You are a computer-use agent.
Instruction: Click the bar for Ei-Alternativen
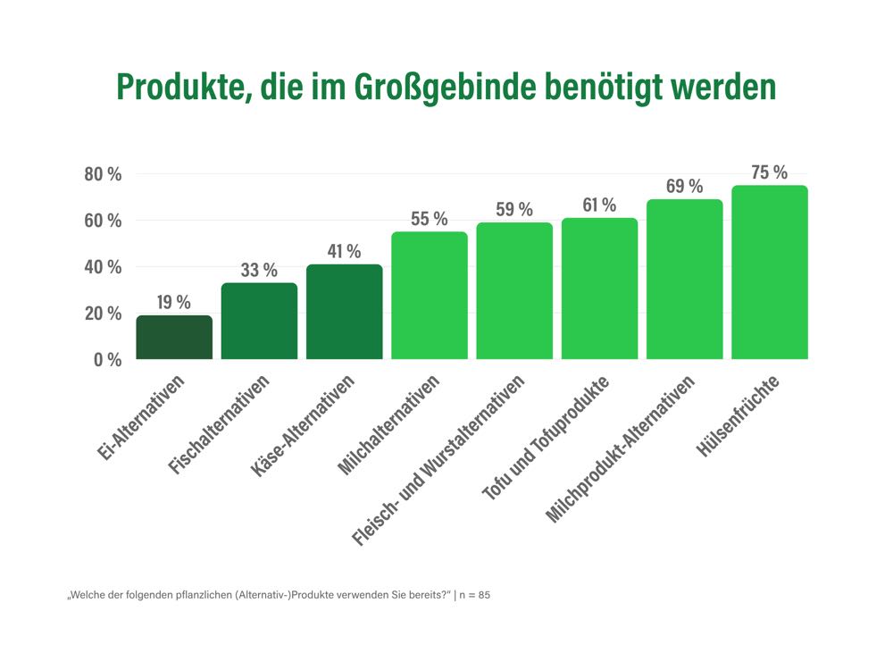174,338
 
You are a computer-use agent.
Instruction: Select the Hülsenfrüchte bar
769,272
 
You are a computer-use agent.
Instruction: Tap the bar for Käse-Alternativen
344,313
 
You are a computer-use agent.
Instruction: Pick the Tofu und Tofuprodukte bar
599,289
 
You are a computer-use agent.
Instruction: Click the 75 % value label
769,172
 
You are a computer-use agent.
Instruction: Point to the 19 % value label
174,302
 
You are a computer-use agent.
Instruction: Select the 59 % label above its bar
514,210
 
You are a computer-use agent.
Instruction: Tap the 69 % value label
684,187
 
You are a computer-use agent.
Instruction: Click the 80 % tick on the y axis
103,174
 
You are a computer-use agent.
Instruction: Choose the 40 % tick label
103,267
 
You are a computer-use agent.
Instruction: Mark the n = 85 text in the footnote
475,595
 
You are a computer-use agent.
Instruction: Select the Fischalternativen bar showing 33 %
259,322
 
